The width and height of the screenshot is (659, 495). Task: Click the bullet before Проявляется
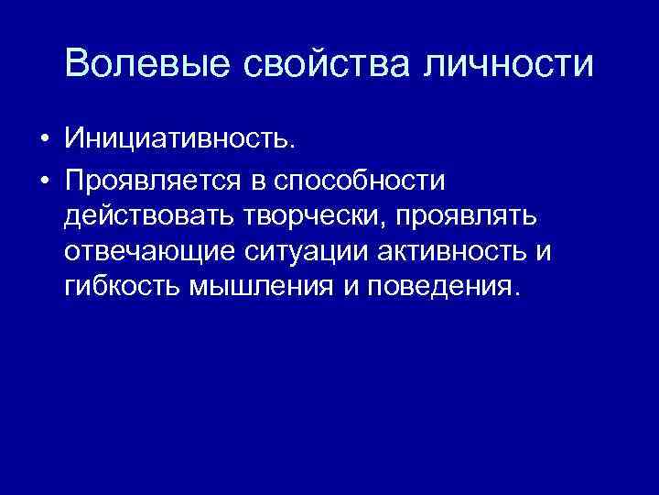coord(43,180)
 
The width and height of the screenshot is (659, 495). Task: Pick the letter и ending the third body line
coord(546,253)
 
